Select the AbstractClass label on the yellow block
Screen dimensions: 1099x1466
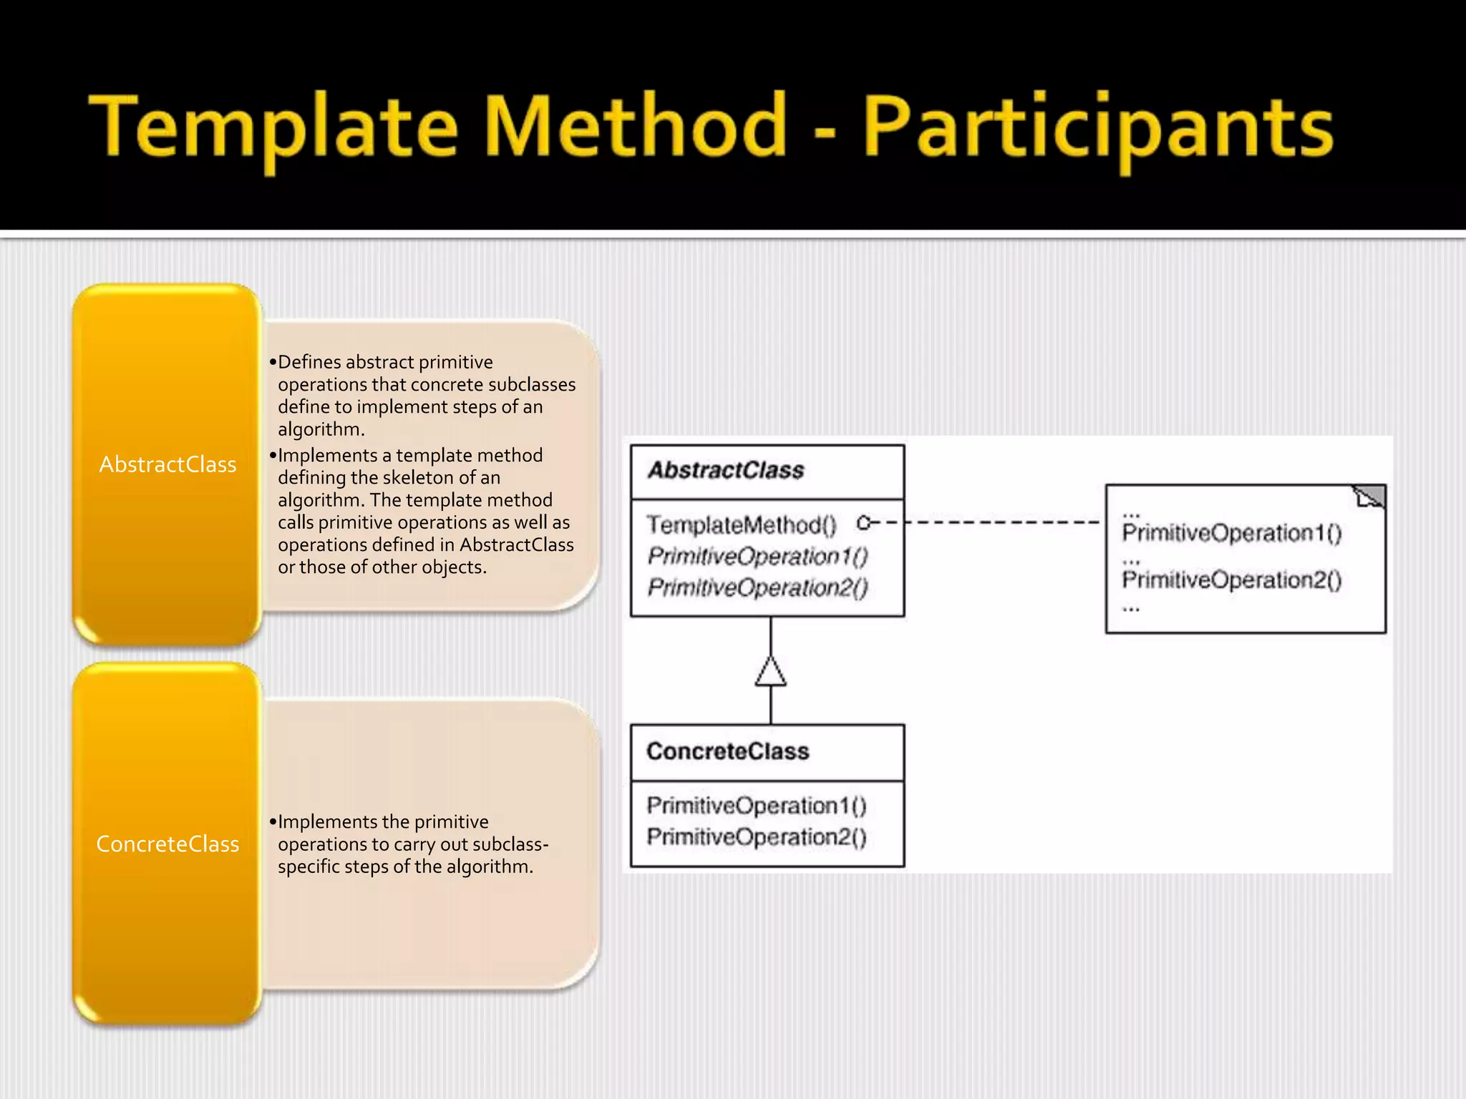click(x=168, y=465)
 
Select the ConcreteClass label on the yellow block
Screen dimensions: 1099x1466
click(x=168, y=844)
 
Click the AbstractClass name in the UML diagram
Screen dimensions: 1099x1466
click(x=726, y=470)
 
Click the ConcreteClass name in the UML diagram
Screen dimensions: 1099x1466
click(x=727, y=751)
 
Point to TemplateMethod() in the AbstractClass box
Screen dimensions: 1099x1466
click(x=741, y=525)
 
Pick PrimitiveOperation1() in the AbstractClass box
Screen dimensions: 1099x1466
click(x=757, y=556)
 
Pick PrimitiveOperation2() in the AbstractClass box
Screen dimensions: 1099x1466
click(x=757, y=587)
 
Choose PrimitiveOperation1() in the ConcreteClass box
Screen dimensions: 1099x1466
click(x=756, y=806)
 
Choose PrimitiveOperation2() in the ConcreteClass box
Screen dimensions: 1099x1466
click(x=756, y=837)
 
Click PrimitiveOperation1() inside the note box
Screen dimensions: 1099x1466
click(x=1231, y=533)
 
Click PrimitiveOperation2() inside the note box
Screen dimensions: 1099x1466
click(x=1231, y=580)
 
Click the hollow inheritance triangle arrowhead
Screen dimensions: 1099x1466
click(x=771, y=673)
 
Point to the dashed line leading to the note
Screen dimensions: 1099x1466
click(x=1002, y=522)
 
